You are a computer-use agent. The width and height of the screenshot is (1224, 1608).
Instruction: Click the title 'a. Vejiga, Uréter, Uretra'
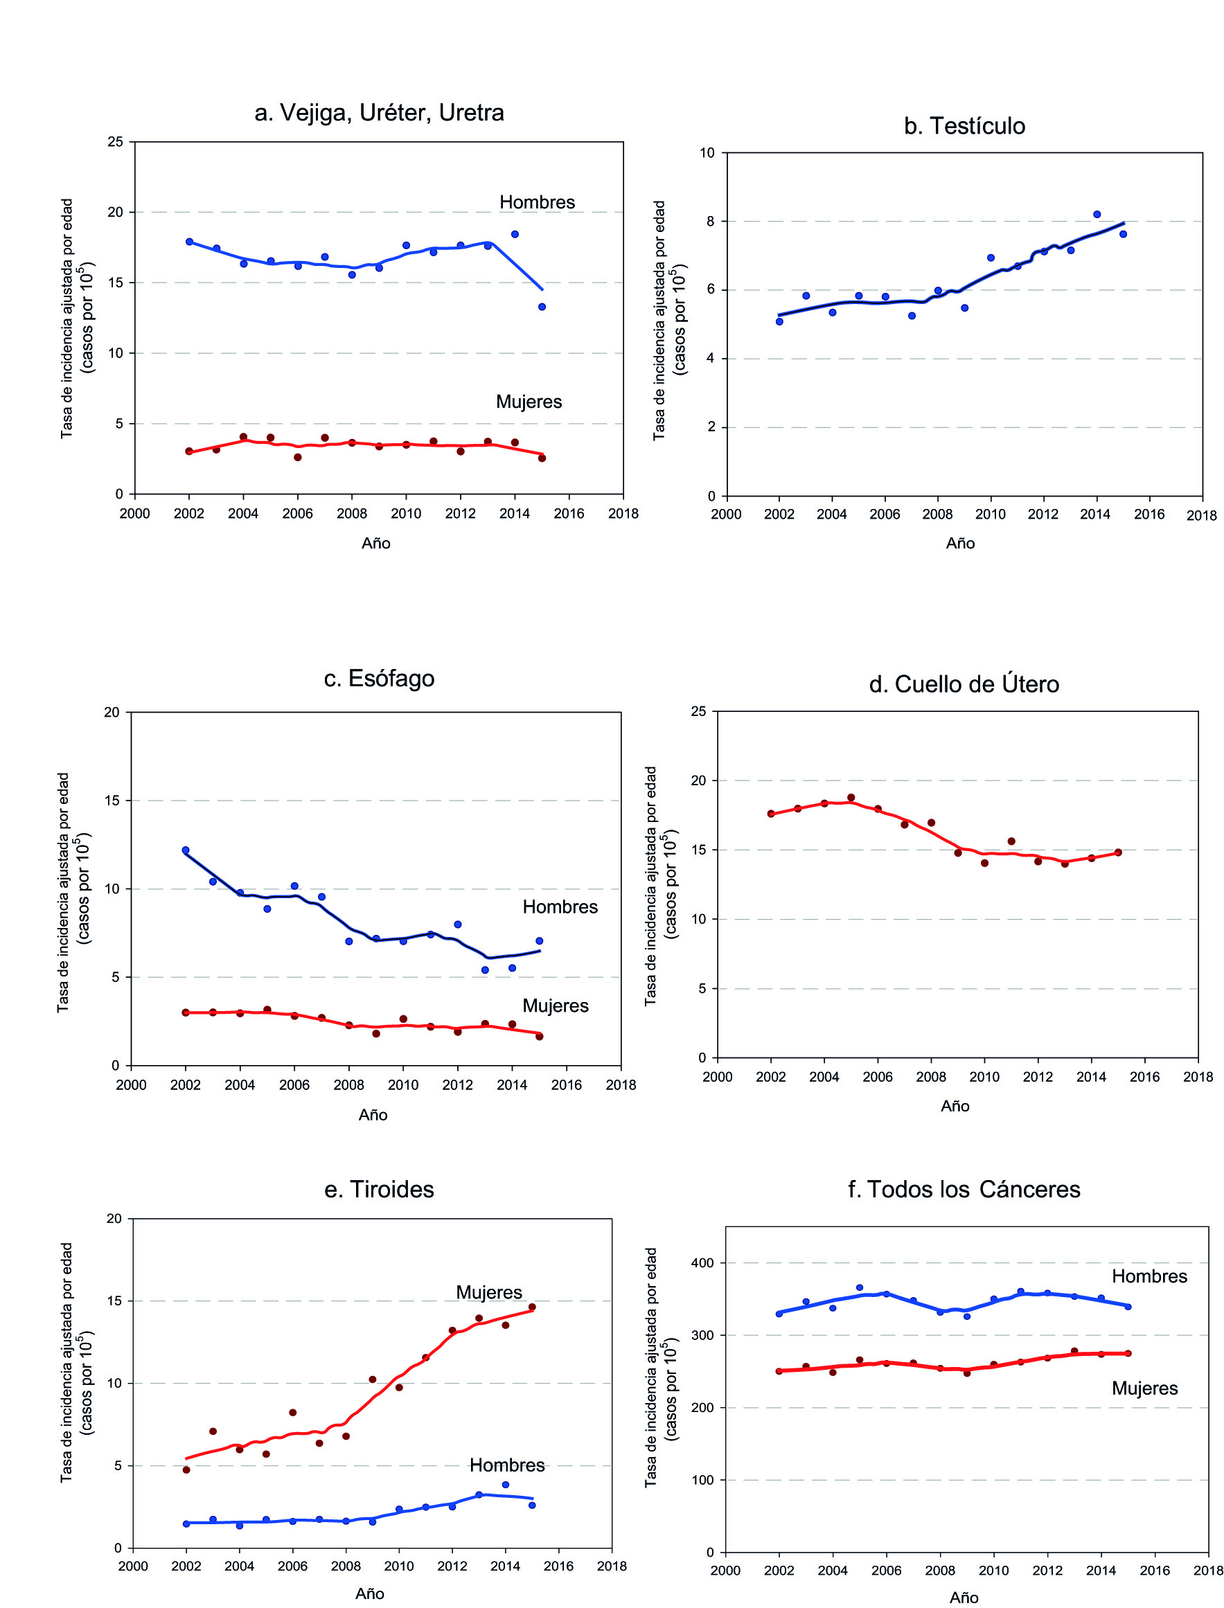tap(379, 113)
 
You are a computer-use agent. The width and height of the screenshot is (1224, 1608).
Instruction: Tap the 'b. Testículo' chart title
tap(964, 126)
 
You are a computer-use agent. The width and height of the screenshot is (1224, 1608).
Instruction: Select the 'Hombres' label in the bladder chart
tap(537, 202)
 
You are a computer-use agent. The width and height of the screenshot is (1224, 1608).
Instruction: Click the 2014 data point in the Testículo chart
tap(1097, 214)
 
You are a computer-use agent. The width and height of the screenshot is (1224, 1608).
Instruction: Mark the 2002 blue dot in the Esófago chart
tap(186, 850)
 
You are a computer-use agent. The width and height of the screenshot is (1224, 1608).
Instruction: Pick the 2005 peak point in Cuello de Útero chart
tap(851, 798)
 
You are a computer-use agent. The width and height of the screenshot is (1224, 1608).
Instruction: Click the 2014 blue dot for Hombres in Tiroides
tap(506, 1484)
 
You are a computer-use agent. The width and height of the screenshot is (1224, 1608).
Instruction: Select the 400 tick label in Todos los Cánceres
tap(702, 1263)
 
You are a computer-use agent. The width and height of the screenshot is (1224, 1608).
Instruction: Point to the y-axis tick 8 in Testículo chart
tap(710, 222)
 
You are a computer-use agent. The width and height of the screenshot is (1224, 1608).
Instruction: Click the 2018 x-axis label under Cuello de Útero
tap(1198, 1076)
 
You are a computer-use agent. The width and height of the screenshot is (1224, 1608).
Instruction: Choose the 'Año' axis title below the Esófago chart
tap(372, 1115)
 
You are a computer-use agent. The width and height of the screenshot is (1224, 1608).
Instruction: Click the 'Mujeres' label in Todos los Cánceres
tap(1144, 1388)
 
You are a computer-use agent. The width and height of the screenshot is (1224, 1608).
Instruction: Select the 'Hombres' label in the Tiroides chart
tap(507, 1465)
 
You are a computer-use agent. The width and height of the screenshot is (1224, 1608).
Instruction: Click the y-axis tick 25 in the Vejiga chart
tap(116, 142)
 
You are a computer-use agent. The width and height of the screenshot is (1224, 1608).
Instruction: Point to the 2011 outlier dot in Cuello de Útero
tap(1011, 841)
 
